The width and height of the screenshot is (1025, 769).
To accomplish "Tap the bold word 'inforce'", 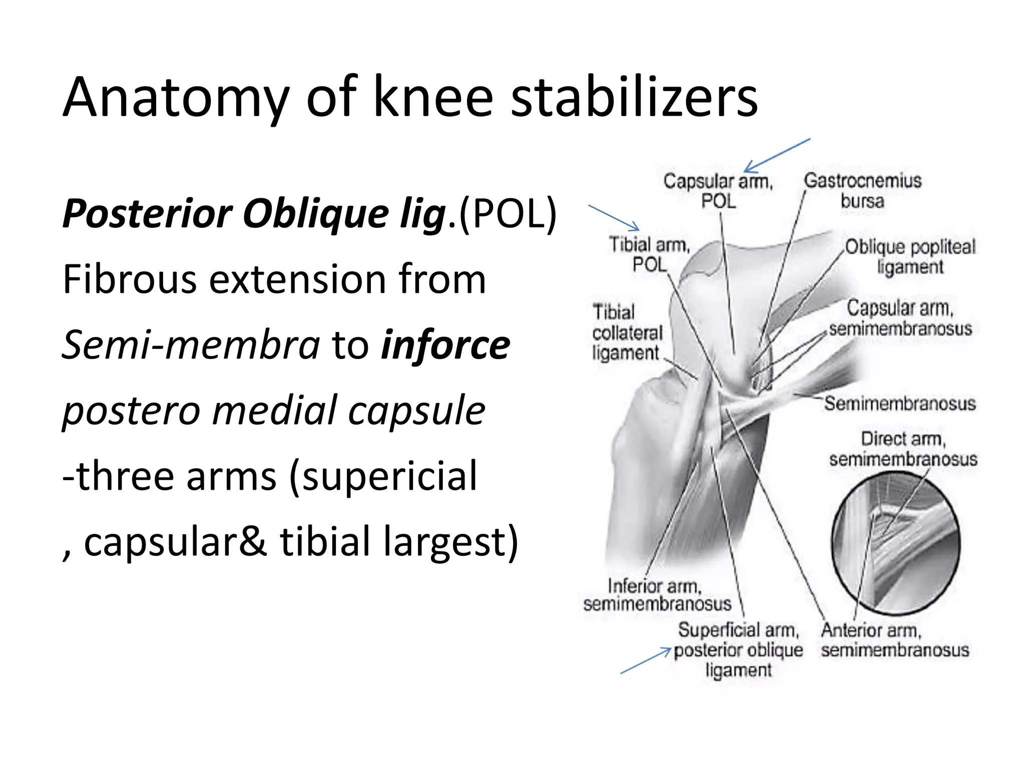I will [445, 345].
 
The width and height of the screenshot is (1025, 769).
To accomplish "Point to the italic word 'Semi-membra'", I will [191, 345].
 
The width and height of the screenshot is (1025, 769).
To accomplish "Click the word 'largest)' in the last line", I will [451, 542].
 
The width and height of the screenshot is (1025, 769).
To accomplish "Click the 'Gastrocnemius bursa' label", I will [862, 191].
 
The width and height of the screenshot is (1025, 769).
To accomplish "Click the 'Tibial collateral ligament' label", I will [627, 332].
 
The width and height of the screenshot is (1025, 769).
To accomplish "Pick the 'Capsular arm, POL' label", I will [718, 191].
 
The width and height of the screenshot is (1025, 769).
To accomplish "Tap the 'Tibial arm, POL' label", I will [650, 254].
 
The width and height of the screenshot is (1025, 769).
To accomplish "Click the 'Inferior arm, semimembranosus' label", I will [657, 595].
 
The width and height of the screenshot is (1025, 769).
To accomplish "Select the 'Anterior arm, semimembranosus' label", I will [895, 640].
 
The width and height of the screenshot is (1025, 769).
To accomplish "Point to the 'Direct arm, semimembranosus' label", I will [903, 449].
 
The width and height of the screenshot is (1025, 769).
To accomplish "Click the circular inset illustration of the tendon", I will [896, 543].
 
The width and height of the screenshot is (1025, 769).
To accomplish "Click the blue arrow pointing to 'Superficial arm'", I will [646, 661].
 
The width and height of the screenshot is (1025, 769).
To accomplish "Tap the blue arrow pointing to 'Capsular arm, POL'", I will [777, 156].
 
